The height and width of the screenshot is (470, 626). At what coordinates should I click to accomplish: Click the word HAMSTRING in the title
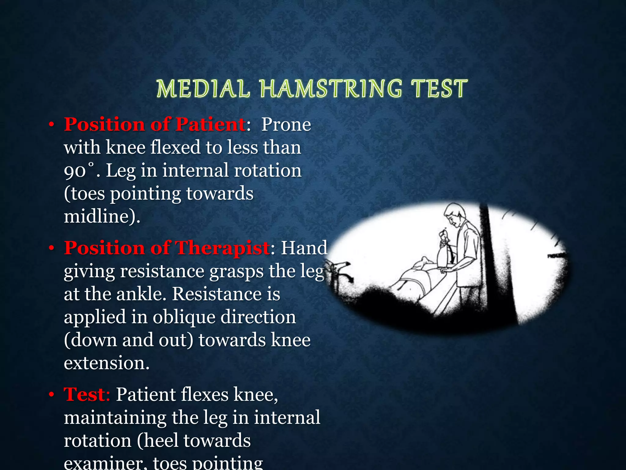point(331,89)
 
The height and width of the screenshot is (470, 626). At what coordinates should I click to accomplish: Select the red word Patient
point(211,125)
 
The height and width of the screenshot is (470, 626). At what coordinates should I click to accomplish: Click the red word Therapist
point(223,248)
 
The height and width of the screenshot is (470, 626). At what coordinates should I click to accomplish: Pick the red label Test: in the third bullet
point(87,394)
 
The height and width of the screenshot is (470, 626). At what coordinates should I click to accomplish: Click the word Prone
point(286,125)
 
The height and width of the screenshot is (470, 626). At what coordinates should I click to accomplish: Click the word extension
point(106,363)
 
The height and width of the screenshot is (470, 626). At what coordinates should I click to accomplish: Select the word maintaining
point(115,418)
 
